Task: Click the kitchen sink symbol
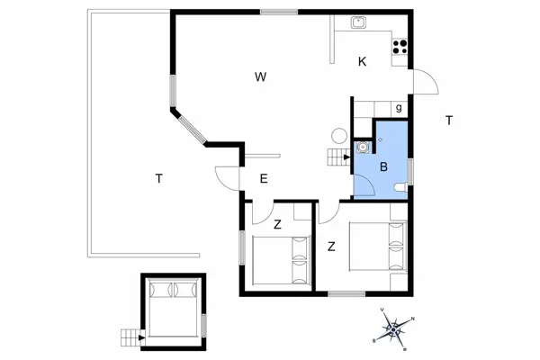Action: tap(358, 22)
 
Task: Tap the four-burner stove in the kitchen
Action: tap(400, 47)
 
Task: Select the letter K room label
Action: tap(362, 62)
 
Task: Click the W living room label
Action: tap(261, 76)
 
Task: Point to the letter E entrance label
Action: tap(264, 179)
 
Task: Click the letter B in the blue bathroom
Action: tap(383, 167)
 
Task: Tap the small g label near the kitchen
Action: tap(399, 108)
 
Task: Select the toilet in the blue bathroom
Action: tap(400, 188)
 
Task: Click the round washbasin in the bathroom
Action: tap(363, 147)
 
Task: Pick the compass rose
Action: tap(393, 329)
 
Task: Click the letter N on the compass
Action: tap(413, 319)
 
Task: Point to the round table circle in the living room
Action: tap(339, 136)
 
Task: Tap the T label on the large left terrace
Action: tap(158, 179)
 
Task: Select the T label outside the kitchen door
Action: tap(449, 121)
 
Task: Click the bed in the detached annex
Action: tap(173, 308)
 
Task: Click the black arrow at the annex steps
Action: tap(141, 337)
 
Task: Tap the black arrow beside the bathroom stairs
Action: tap(347, 157)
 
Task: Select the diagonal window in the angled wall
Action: tap(193, 130)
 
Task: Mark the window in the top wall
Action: tap(279, 12)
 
